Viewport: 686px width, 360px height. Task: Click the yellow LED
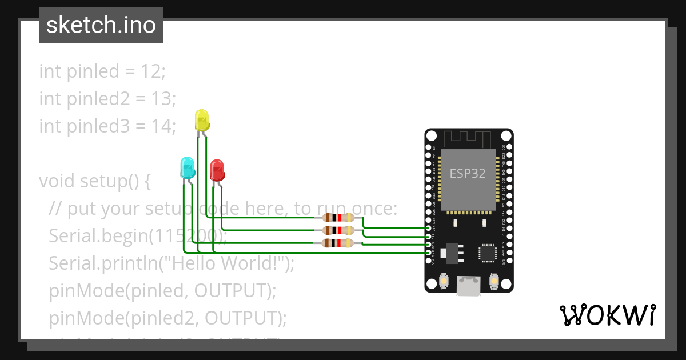pos(202,120)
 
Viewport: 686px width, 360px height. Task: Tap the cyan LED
pos(187,167)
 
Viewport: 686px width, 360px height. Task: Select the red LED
pos(217,170)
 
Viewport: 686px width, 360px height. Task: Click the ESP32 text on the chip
pos(468,174)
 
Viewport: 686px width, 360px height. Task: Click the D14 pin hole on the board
pos(429,227)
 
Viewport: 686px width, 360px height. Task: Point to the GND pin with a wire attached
pos(429,252)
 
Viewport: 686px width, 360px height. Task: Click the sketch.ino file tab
pos(101,25)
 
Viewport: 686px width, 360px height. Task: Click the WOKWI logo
pos(607,315)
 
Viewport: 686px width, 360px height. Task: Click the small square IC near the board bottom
pos(488,252)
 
